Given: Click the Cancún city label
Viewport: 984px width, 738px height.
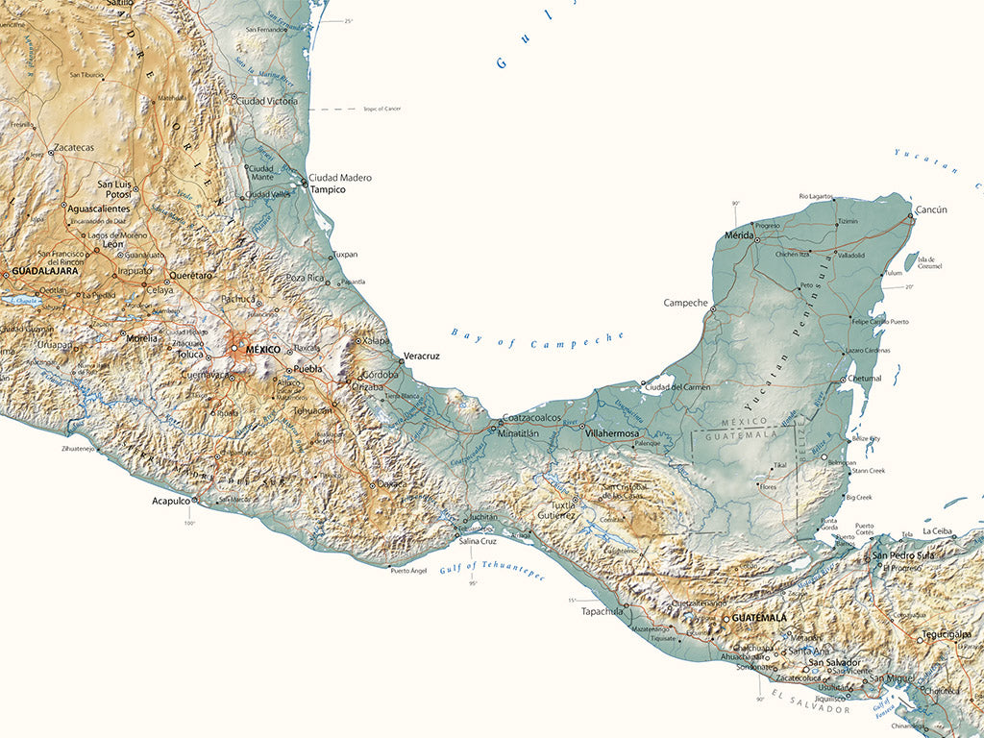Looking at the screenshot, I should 931,209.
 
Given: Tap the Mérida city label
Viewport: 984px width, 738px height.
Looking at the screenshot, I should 739,235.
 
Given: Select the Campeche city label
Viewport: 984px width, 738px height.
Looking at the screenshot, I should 685,303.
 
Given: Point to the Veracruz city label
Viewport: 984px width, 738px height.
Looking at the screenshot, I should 421,357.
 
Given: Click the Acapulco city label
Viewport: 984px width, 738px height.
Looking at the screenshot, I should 170,501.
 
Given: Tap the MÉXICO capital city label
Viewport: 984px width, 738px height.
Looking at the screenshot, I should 262,350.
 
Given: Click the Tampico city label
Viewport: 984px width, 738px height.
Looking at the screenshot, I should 328,190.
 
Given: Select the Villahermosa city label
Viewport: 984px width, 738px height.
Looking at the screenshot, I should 612,433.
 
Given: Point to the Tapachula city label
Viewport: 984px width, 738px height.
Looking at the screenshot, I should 603,610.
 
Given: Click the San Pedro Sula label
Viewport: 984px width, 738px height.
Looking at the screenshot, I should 903,555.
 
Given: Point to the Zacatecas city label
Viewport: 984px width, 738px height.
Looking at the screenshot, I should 74,148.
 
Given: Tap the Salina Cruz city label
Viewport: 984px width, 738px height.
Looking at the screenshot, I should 478,542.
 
